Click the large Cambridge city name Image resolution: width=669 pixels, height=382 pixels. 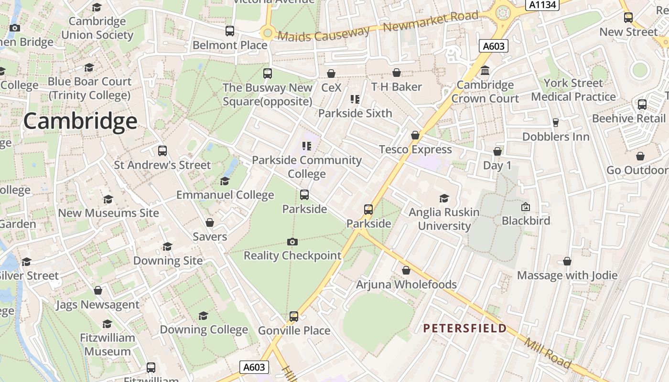pyautogui.click(x=80, y=121)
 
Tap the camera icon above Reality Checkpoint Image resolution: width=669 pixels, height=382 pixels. pyautogui.click(x=292, y=242)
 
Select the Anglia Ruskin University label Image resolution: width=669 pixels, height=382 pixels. pyautogui.click(x=444, y=219)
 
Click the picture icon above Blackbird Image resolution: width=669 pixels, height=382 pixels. pyautogui.click(x=526, y=207)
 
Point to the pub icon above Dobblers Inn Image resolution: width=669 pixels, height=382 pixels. pyautogui.click(x=555, y=123)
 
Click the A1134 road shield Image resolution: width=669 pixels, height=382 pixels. pyautogui.click(x=542, y=5)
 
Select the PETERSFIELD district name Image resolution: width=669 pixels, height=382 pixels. pyautogui.click(x=465, y=329)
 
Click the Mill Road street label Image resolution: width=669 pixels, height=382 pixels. pyautogui.click(x=548, y=353)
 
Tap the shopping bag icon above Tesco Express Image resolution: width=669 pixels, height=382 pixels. pyautogui.click(x=415, y=136)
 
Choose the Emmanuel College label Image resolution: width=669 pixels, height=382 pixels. pyautogui.click(x=225, y=195)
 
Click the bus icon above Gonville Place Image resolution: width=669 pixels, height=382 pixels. pyautogui.click(x=294, y=317)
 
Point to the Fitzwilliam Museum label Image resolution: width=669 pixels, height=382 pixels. pyautogui.click(x=108, y=345)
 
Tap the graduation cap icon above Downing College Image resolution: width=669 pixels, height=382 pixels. pyautogui.click(x=204, y=316)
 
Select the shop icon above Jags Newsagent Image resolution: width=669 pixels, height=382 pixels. pyautogui.click(x=98, y=290)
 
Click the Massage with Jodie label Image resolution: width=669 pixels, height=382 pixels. pyautogui.click(x=567, y=276)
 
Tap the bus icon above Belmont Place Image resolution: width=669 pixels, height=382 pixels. pyautogui.click(x=230, y=32)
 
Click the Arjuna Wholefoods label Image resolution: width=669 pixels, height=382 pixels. pyautogui.click(x=407, y=285)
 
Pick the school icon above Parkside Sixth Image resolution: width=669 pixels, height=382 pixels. pyautogui.click(x=355, y=99)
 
